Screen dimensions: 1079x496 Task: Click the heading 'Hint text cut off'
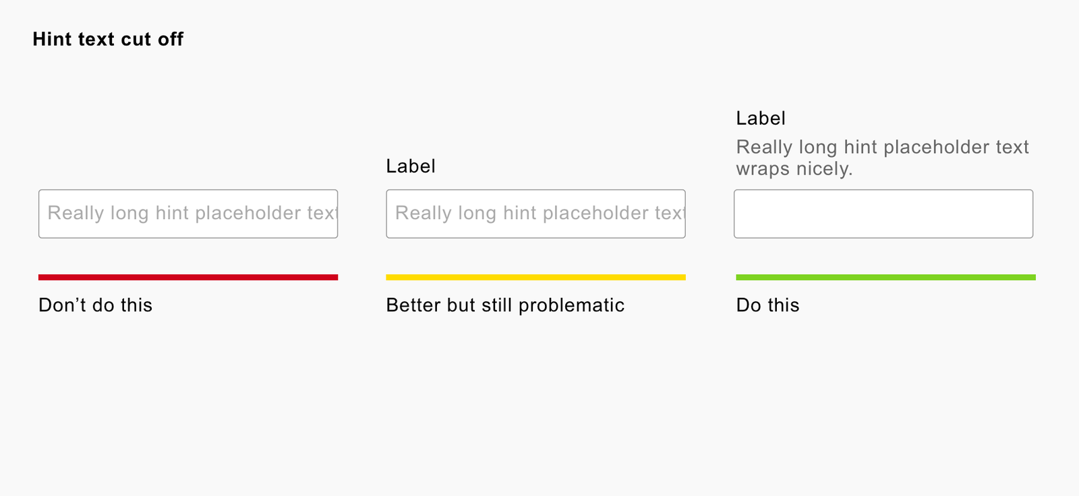tap(108, 39)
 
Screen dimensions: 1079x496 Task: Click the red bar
tap(188, 278)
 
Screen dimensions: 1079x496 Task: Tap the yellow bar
tap(535, 278)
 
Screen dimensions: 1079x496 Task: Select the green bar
tap(886, 278)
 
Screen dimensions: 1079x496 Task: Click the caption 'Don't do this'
tap(95, 305)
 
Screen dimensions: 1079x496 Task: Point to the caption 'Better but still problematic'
tap(505, 305)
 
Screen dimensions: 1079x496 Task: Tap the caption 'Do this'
tap(768, 305)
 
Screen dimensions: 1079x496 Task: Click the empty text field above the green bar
tap(883, 214)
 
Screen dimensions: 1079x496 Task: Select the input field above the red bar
tap(188, 214)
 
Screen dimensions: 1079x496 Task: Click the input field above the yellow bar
tap(535, 214)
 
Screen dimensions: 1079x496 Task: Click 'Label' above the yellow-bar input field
tap(411, 166)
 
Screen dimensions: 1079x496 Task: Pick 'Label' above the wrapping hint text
tap(761, 118)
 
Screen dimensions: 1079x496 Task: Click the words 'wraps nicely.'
tap(794, 169)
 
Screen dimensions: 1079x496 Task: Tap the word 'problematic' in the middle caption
tap(572, 305)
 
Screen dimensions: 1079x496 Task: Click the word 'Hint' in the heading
tap(52, 39)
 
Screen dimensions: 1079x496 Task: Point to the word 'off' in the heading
tap(171, 39)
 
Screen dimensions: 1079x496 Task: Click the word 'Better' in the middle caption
tap(413, 305)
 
